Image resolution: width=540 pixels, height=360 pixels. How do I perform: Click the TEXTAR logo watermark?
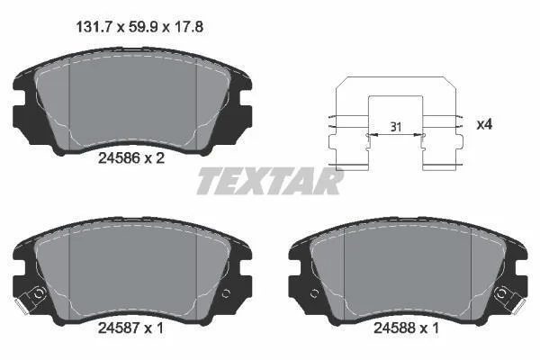click(270, 181)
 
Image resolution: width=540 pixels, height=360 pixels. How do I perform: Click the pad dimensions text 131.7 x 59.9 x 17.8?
click(139, 27)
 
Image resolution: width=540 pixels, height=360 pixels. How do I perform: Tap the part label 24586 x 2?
click(131, 158)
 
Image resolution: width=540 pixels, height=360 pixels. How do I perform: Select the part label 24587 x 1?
click(130, 328)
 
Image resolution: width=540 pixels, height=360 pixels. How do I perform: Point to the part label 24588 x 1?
click(407, 328)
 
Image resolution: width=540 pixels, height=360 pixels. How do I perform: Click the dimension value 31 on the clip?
click(396, 127)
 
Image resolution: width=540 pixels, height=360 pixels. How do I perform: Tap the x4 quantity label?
click(484, 124)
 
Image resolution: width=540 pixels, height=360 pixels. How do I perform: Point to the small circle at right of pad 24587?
click(226, 294)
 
